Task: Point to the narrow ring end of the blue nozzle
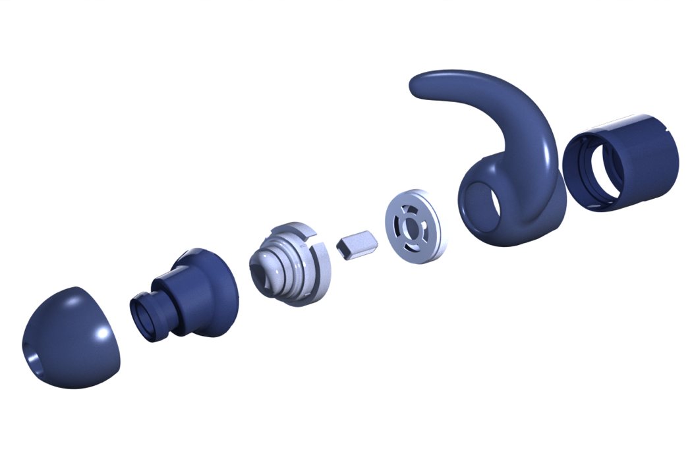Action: pos(144,315)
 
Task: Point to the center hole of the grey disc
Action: pos(411,225)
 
